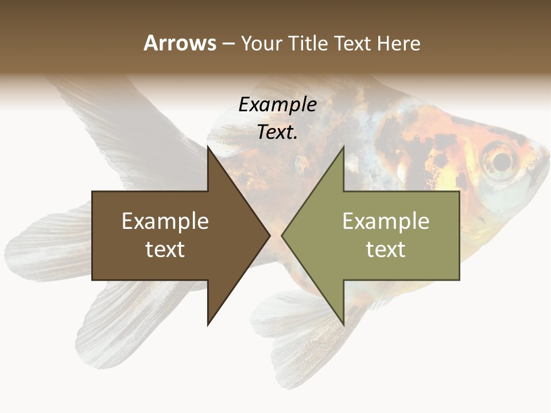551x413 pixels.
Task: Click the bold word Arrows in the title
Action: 180,43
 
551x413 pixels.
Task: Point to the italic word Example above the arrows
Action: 277,104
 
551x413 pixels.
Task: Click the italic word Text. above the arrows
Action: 277,132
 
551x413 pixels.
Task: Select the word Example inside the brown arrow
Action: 165,221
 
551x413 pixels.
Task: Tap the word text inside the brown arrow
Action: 165,249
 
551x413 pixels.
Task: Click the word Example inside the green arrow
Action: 386,221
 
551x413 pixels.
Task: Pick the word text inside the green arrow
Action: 386,249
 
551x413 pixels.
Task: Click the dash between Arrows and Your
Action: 228,44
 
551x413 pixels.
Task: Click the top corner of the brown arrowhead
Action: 208,147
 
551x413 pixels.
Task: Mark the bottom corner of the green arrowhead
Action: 343,325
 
